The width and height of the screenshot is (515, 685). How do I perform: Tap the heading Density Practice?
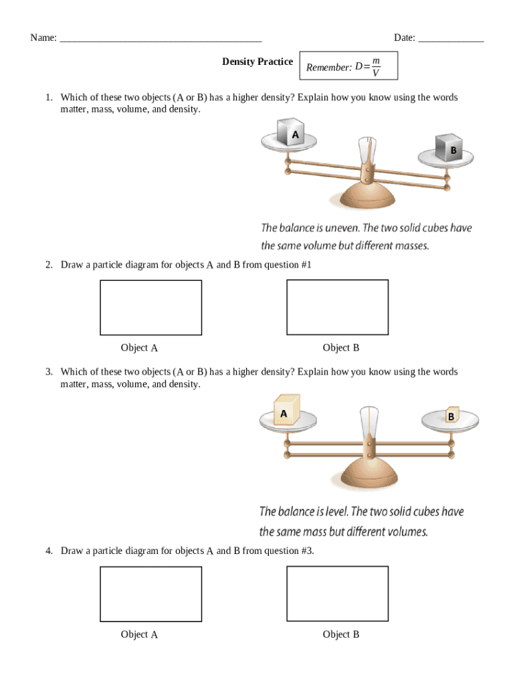[x=257, y=62]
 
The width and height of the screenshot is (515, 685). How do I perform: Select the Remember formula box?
[x=348, y=66]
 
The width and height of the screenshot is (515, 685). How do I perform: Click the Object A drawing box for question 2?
[x=150, y=307]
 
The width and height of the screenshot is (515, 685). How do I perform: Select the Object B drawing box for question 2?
[x=337, y=306]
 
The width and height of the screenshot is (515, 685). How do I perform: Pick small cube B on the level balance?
[x=451, y=415]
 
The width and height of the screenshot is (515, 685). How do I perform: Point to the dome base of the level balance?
[x=369, y=477]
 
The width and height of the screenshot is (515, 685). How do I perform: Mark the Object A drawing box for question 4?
[x=150, y=593]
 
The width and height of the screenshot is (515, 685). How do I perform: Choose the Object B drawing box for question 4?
[x=337, y=593]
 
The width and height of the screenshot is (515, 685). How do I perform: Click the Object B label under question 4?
[x=341, y=634]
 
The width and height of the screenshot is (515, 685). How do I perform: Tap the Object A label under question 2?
[x=139, y=348]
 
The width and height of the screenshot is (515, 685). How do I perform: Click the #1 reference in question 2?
[x=306, y=265]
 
